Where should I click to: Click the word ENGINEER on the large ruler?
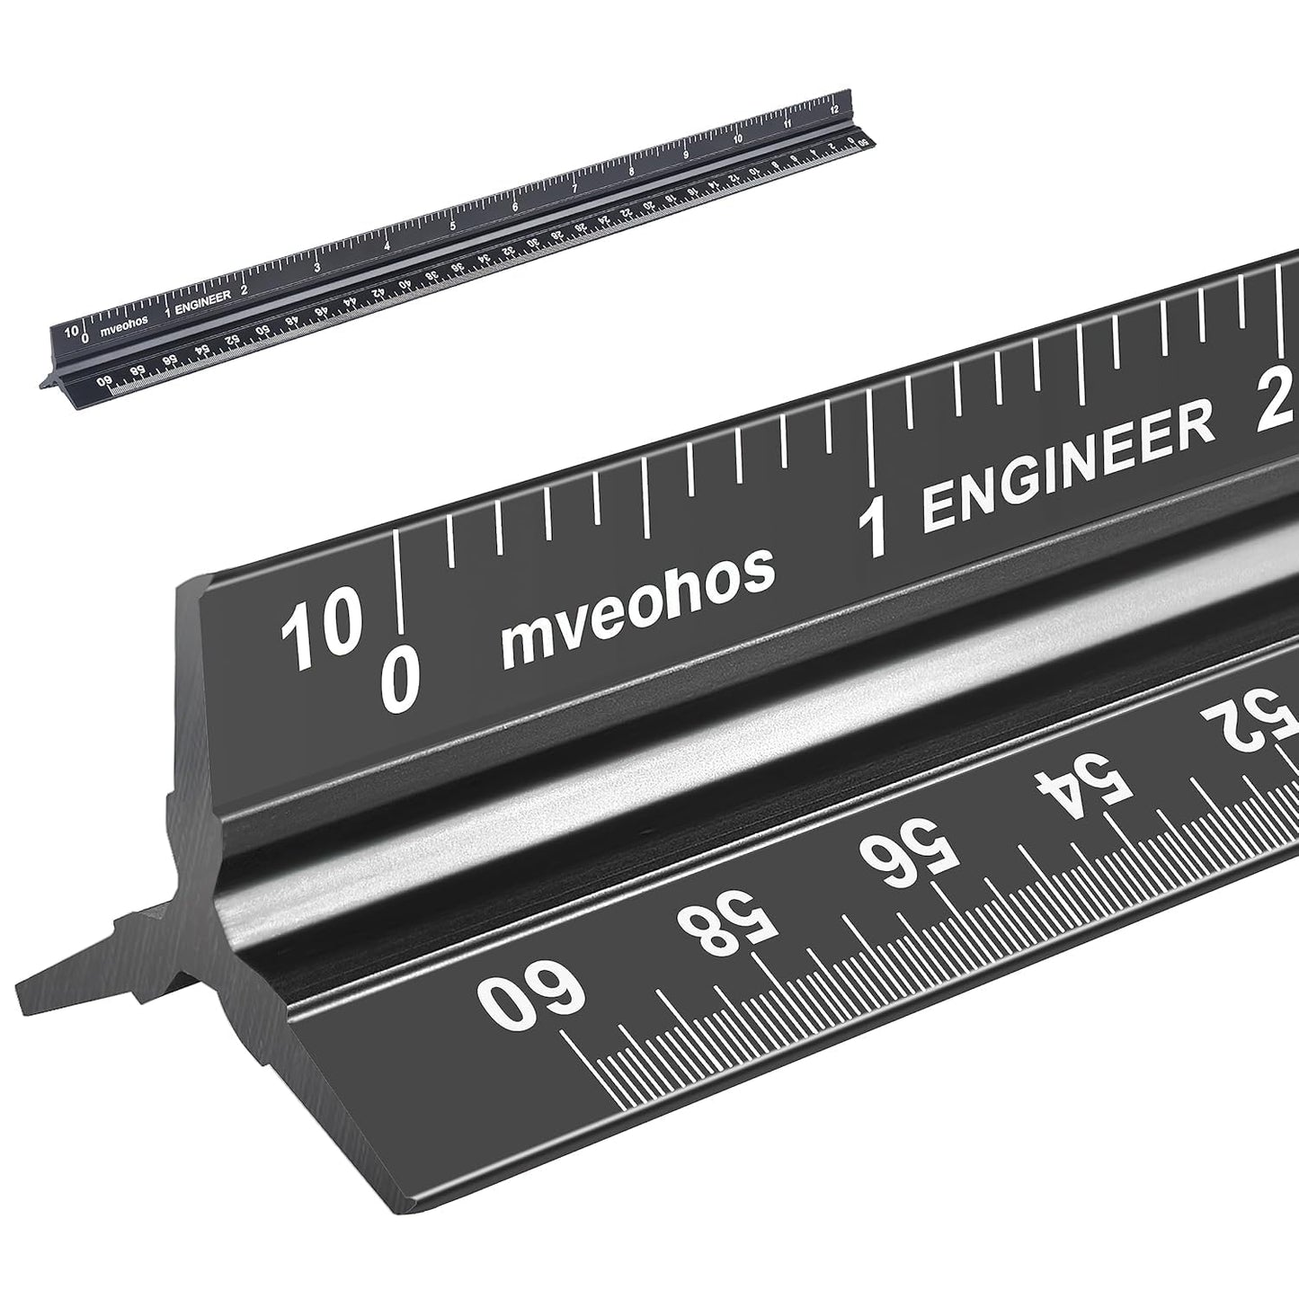tap(1069, 468)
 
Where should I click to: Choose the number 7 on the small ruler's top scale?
tap(574, 188)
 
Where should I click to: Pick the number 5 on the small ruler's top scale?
tap(453, 226)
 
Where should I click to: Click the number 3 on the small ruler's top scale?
tap(317, 268)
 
